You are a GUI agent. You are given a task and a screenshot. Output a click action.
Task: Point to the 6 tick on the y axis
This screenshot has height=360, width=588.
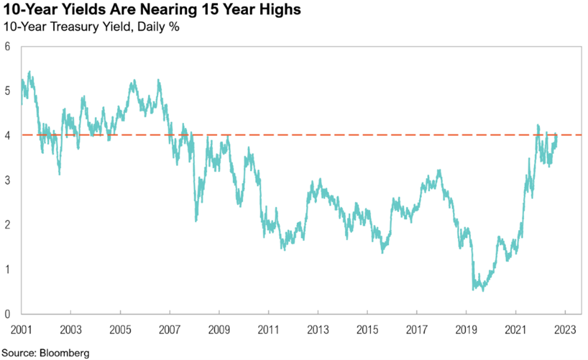(7, 46)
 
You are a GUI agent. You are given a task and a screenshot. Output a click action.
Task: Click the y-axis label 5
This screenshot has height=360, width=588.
(7, 91)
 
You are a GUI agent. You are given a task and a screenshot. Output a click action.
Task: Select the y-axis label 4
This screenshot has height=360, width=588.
(7, 135)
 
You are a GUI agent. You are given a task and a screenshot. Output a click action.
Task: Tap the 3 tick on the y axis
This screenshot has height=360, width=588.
(7, 180)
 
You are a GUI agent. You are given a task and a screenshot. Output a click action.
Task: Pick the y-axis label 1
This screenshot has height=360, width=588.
(7, 269)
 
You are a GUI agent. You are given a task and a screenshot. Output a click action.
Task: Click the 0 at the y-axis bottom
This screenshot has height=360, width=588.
(7, 314)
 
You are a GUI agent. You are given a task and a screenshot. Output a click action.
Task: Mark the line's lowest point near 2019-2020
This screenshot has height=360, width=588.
(483, 291)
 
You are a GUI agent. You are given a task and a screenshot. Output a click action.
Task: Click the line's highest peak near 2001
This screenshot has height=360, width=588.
(29, 72)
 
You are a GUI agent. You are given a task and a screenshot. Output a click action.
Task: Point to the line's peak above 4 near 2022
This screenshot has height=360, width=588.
(538, 126)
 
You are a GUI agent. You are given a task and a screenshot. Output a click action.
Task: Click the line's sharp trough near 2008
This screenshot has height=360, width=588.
(196, 221)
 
